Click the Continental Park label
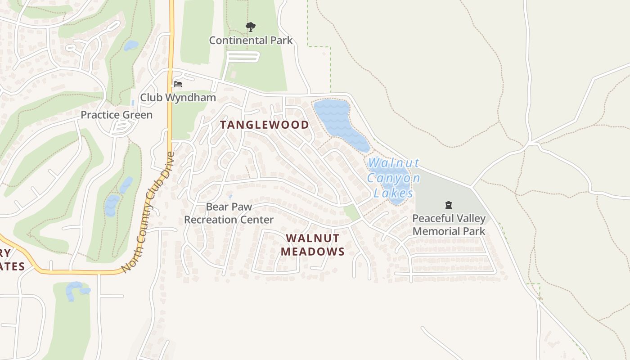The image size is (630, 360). pos(251,40)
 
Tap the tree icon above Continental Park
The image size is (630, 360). pos(251,27)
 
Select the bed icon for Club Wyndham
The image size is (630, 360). pos(178,84)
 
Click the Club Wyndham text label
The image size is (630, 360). pos(178,98)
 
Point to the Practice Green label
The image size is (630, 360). pos(117,115)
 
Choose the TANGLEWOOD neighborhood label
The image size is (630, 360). pos(265,125)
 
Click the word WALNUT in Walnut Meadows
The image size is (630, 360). pos(313,238)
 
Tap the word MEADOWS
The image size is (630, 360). pos(313,252)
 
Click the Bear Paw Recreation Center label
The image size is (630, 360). pos(229,213)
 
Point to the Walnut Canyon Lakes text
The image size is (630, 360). pos(394,178)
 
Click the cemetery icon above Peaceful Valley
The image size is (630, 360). pos(448,206)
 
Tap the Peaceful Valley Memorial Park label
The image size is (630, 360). pos(449,225)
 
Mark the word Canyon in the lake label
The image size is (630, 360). pos(394,178)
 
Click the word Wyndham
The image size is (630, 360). pos(196,98)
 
